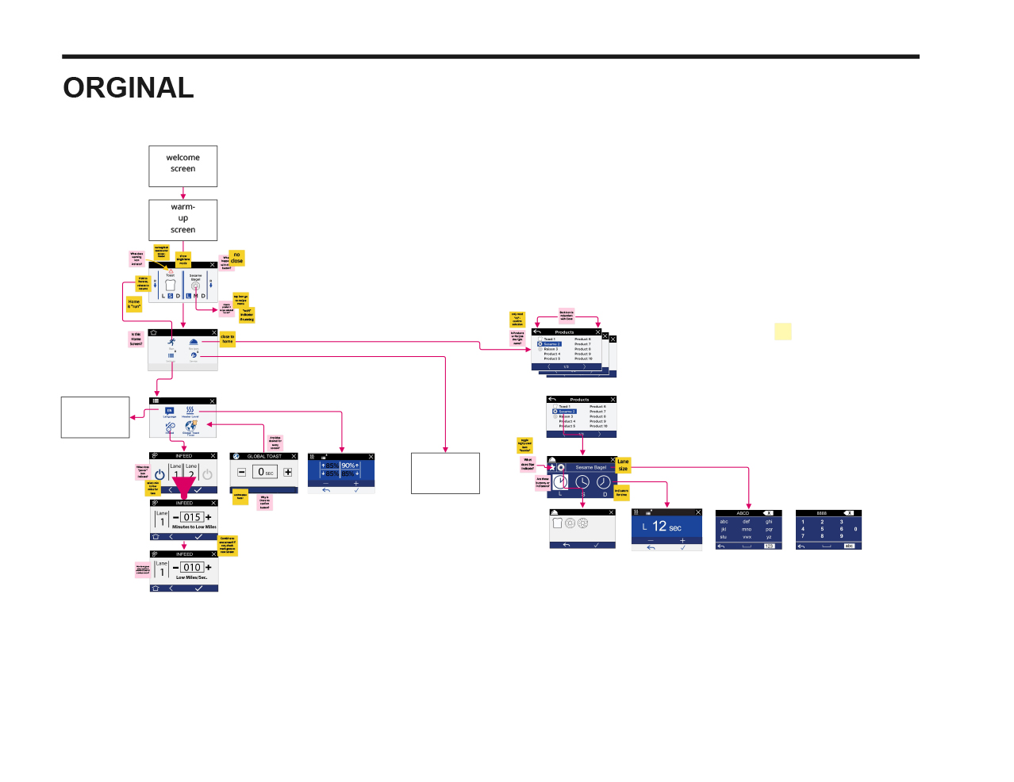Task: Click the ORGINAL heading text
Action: point(129,88)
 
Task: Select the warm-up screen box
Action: point(182,219)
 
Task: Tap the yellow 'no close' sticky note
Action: point(236,258)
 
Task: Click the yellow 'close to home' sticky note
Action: point(228,339)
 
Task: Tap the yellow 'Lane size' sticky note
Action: point(623,465)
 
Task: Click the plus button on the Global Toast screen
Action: point(288,472)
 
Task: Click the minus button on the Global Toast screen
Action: point(241,472)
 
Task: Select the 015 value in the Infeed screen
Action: point(192,517)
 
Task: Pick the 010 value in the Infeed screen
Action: point(192,567)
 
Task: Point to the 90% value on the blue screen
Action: point(348,466)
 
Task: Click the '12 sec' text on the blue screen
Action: point(666,527)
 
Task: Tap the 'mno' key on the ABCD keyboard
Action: point(747,529)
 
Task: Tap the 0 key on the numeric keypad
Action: point(855,529)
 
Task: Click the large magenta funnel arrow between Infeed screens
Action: point(184,487)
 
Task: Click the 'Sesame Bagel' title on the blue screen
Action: point(591,467)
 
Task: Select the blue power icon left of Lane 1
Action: point(159,474)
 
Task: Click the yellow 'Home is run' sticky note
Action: point(134,304)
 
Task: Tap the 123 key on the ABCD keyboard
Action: point(769,546)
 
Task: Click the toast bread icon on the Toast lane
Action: point(170,285)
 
